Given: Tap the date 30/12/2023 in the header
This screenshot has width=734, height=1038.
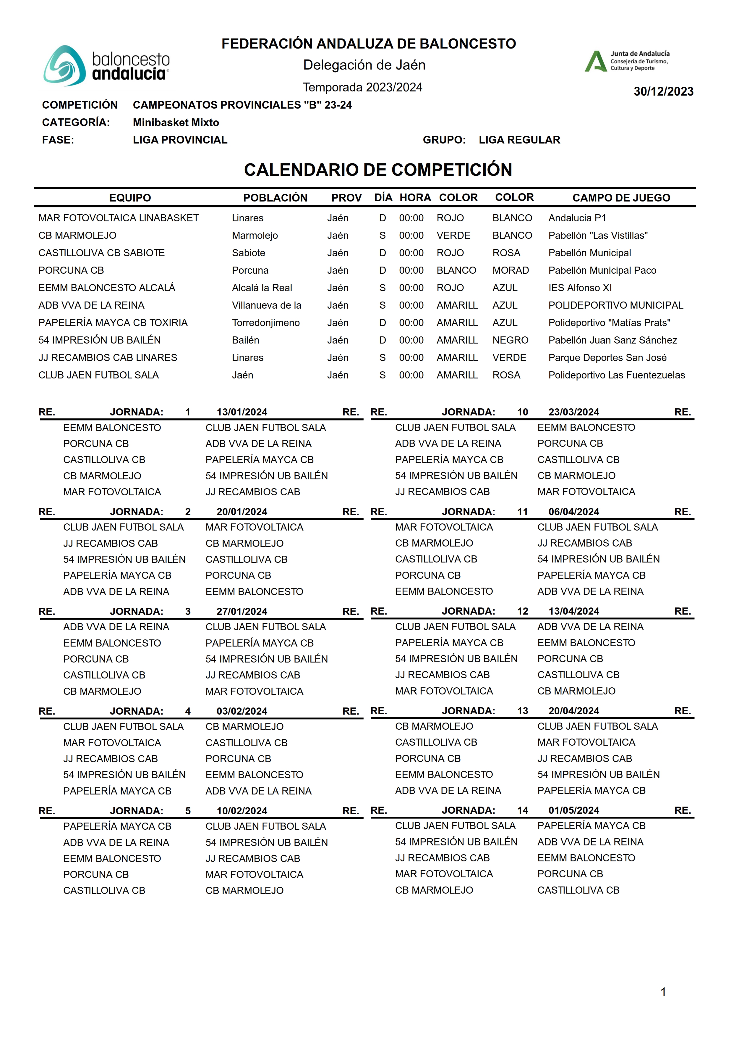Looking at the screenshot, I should pyautogui.click(x=663, y=91).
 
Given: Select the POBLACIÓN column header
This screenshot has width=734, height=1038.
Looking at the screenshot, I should pyautogui.click(x=275, y=198).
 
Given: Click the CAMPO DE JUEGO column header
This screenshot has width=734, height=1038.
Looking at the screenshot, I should pyautogui.click(x=621, y=198).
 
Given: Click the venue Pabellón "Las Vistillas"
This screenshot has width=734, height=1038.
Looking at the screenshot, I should pyautogui.click(x=597, y=235).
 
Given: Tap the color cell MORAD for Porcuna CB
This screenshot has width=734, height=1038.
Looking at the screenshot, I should pyautogui.click(x=510, y=270).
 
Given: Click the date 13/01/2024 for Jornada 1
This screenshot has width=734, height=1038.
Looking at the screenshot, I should pyautogui.click(x=242, y=412).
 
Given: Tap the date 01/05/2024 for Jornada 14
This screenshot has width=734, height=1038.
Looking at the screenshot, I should pyautogui.click(x=573, y=810).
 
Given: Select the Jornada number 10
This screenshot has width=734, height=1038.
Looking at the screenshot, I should pyautogui.click(x=522, y=412).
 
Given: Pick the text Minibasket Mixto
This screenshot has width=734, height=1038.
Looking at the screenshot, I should pyautogui.click(x=176, y=122).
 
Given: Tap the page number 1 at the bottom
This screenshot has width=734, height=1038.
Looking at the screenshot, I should pyautogui.click(x=663, y=992).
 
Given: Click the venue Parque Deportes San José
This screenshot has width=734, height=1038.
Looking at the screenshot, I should pyautogui.click(x=607, y=357).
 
